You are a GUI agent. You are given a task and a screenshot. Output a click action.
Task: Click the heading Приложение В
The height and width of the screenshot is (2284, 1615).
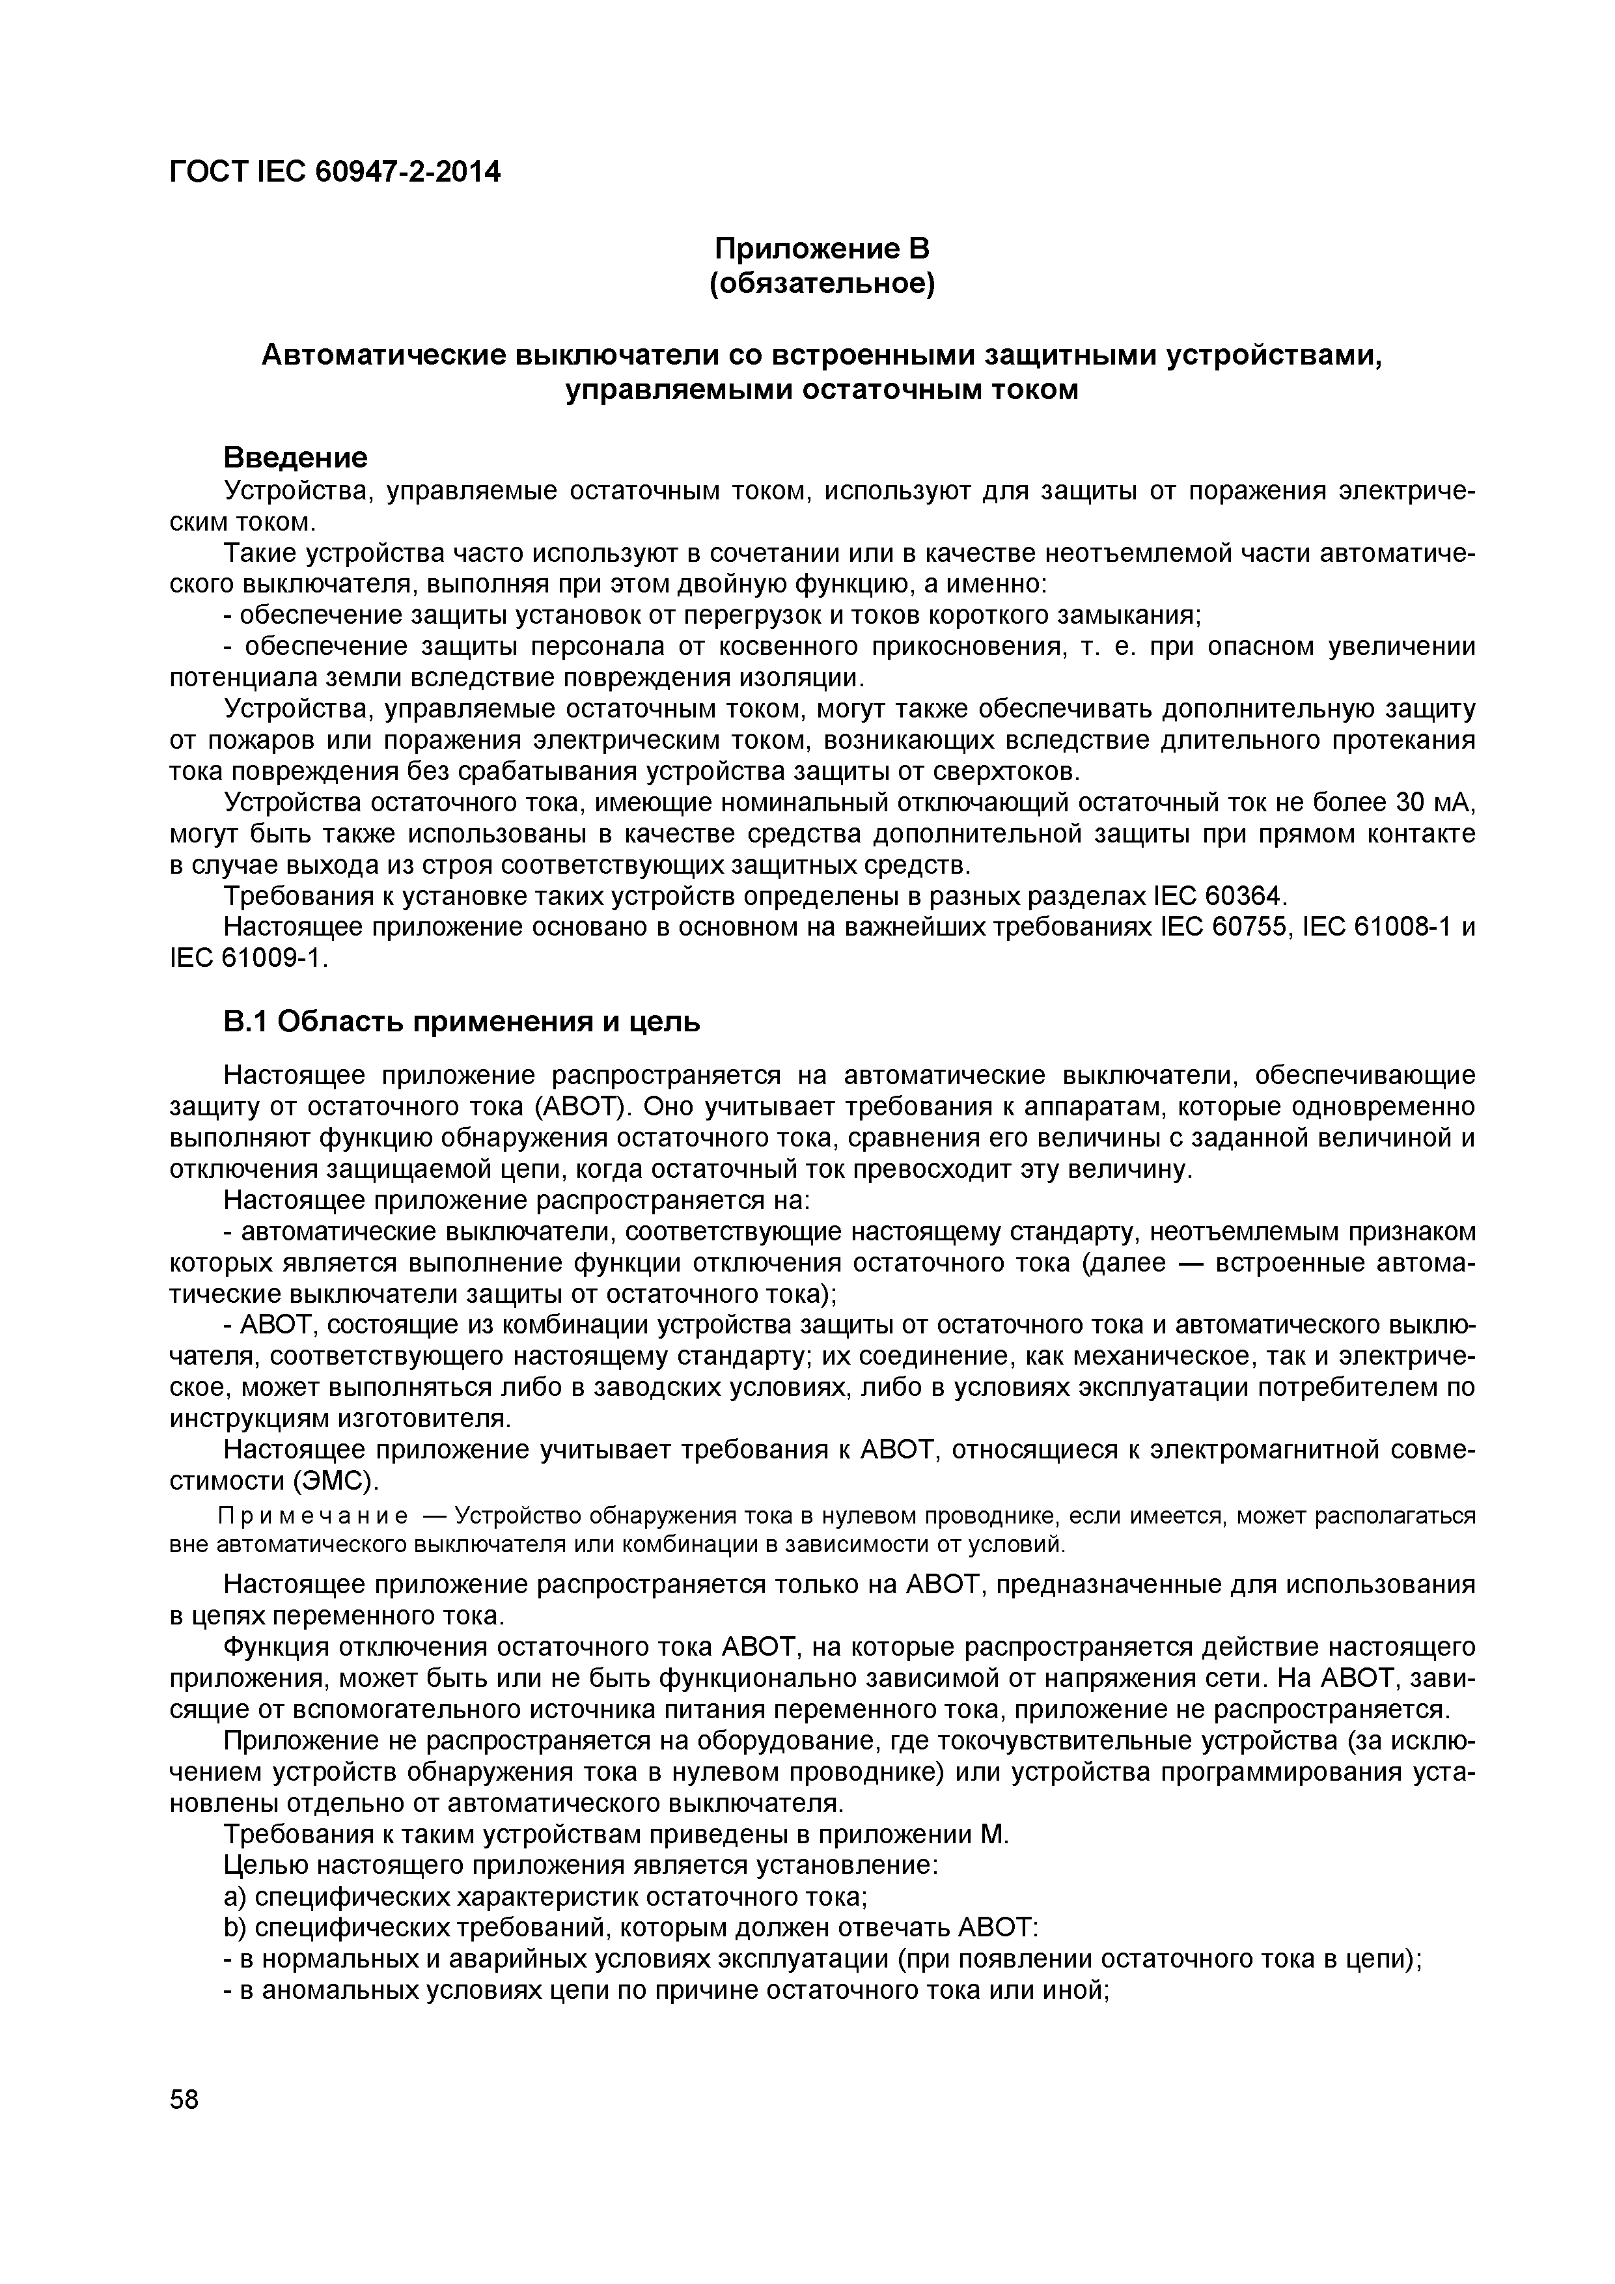click(x=821, y=247)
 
